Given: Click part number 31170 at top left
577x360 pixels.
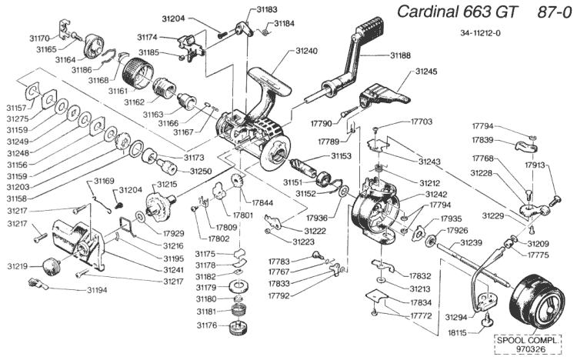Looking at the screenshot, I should tap(38, 37).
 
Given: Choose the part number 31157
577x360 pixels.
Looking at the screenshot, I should tap(15, 108).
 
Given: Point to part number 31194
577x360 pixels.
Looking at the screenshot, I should tap(98, 290).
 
